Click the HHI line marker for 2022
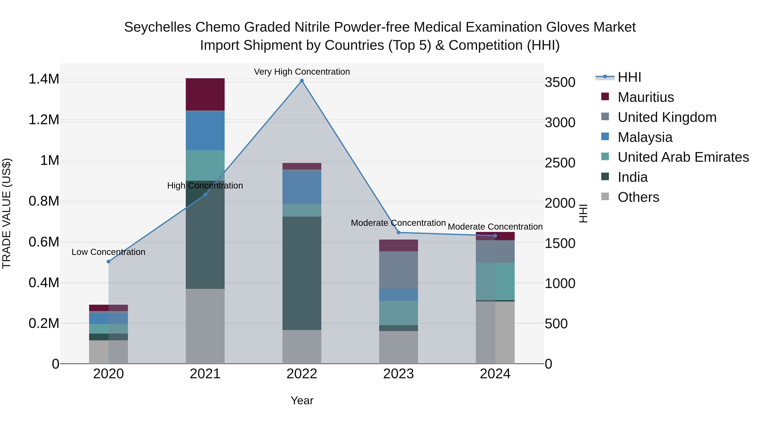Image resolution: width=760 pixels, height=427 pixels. (302, 81)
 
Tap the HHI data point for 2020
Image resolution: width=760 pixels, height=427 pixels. (108, 261)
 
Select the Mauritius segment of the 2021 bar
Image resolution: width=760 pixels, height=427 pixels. (205, 94)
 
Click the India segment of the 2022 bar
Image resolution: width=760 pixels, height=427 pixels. (302, 273)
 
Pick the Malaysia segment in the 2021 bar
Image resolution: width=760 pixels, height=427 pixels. (205, 131)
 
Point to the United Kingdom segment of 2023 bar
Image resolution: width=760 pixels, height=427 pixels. (398, 270)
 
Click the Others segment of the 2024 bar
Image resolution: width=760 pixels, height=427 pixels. (495, 332)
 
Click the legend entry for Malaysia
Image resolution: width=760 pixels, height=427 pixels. (645, 137)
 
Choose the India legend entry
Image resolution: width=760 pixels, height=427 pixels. (632, 177)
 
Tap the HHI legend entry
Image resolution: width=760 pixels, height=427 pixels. (629, 77)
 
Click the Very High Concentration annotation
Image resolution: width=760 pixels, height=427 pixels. (302, 72)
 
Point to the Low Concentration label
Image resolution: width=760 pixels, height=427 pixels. (108, 252)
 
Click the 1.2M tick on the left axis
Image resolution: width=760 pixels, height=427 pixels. (44, 120)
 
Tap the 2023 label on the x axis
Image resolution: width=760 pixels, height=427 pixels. (398, 374)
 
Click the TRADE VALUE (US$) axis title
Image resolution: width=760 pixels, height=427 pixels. (7, 213)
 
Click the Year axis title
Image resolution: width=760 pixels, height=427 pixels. (302, 400)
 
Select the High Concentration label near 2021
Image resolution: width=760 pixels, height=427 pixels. (205, 186)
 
